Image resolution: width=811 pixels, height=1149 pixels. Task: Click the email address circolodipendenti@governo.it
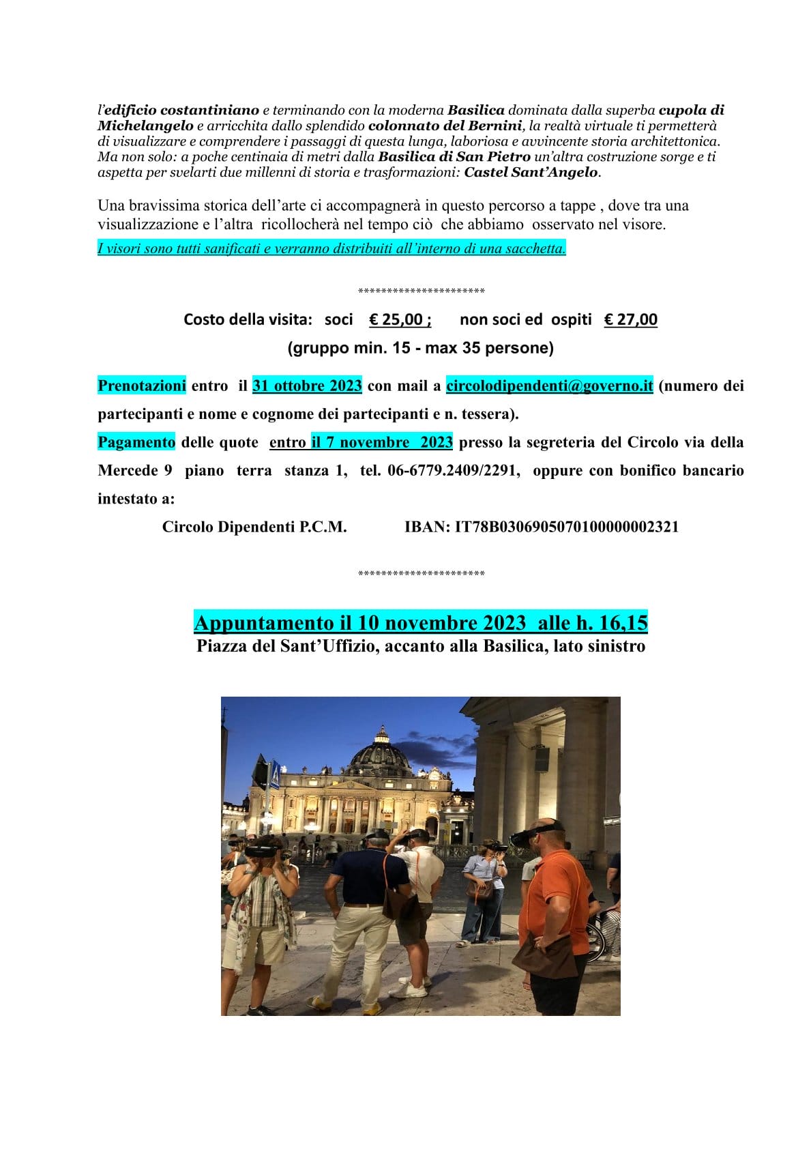[549, 386]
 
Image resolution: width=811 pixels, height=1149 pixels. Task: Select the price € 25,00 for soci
[400, 319]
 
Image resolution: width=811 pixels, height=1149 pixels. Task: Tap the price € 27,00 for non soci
[630, 319]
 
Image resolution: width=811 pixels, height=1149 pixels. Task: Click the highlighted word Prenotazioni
[142, 386]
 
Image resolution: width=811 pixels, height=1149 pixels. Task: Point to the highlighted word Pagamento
[136, 442]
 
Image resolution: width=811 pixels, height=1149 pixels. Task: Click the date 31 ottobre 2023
[307, 386]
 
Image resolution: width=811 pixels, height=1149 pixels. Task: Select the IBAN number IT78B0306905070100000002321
[566, 527]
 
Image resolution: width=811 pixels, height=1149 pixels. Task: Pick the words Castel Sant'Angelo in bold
[531, 172]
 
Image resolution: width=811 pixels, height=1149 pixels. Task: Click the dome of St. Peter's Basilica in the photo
[381, 754]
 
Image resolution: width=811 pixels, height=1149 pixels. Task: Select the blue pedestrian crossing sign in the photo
[274, 775]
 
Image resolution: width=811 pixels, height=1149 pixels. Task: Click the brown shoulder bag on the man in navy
[400, 901]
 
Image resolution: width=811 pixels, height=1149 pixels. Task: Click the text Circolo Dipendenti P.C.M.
[254, 527]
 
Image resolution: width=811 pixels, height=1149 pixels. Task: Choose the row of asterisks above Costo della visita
[421, 291]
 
